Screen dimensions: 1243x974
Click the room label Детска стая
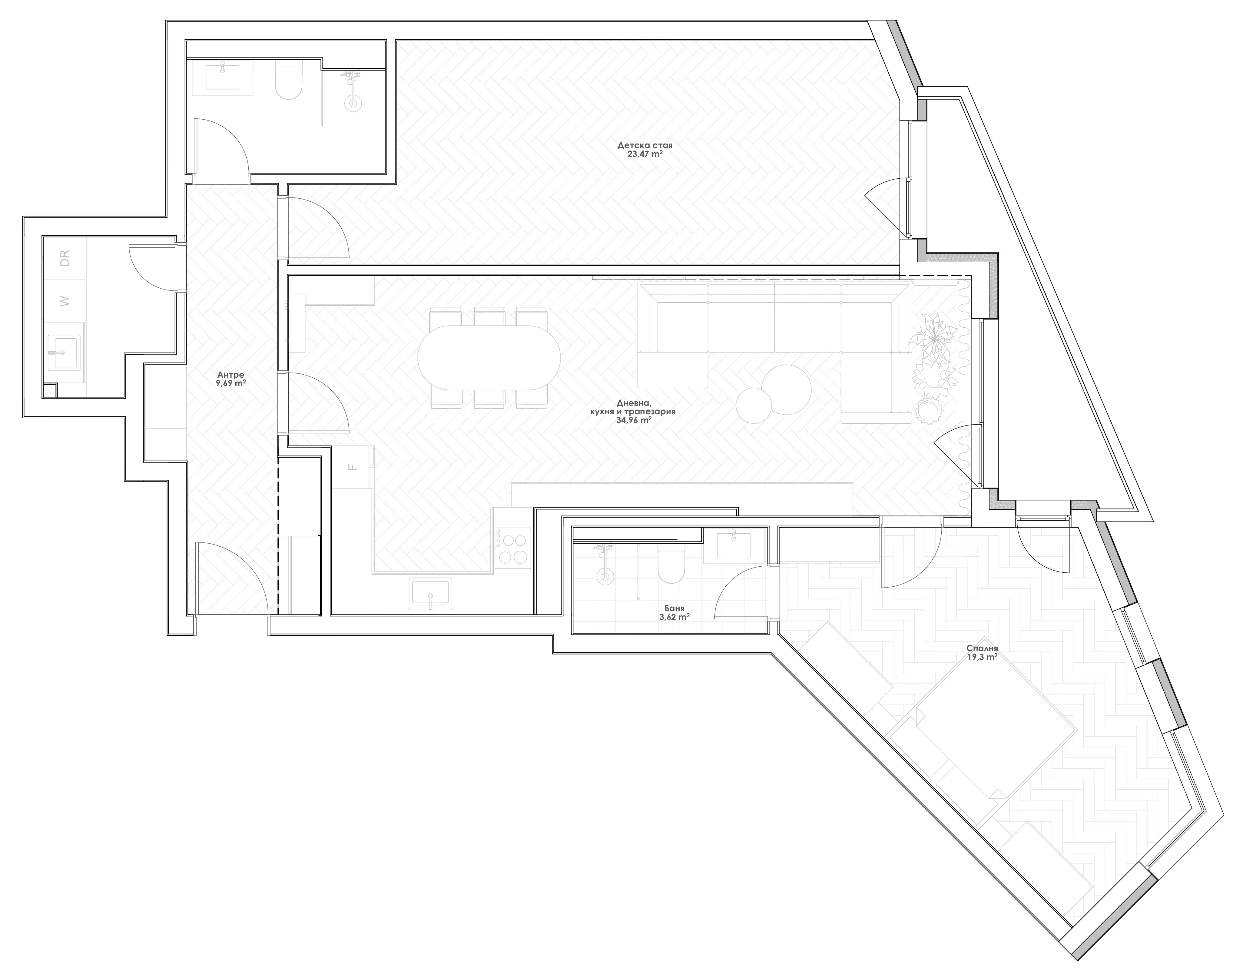pyautogui.click(x=645, y=145)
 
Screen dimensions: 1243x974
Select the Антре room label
pyautogui.click(x=230, y=375)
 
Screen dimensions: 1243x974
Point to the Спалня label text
pyautogui.click(x=982, y=648)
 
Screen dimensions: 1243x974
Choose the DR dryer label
pyautogui.click(x=65, y=258)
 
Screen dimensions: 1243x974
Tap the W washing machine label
pyautogui.click(x=65, y=300)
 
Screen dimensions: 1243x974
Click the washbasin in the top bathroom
pyautogui.click(x=222, y=77)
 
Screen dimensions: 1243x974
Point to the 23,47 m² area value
pyautogui.click(x=645, y=154)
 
